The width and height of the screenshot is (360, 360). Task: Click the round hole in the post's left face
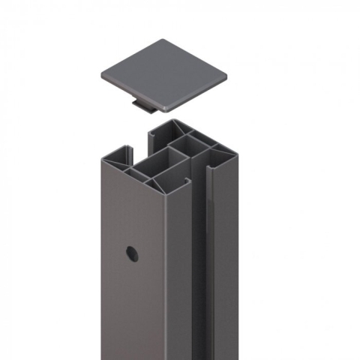coord(132,253)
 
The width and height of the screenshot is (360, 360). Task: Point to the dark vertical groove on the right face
coord(196,270)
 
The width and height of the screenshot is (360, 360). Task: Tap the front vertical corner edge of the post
coord(166,285)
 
